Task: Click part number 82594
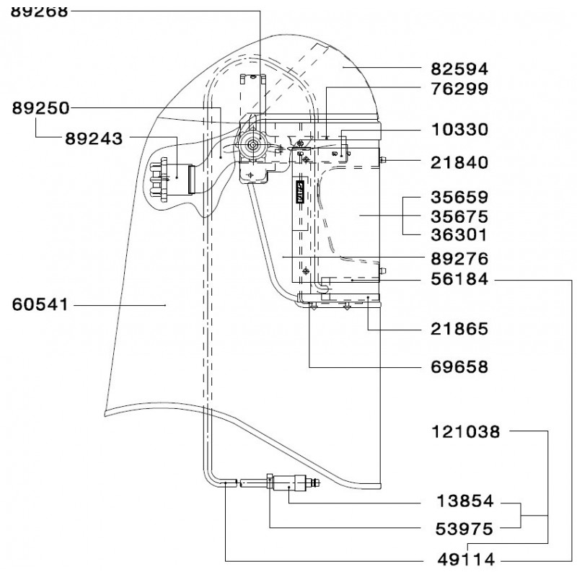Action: pos(459,69)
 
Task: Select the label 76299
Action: pos(459,89)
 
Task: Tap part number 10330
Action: pos(459,130)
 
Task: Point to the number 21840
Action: pos(459,162)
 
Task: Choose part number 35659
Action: pos(459,197)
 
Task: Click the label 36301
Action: pos(459,235)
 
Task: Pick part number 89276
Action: pos(459,259)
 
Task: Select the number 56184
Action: pos(459,279)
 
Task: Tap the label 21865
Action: pos(459,329)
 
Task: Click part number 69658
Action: pos(459,367)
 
